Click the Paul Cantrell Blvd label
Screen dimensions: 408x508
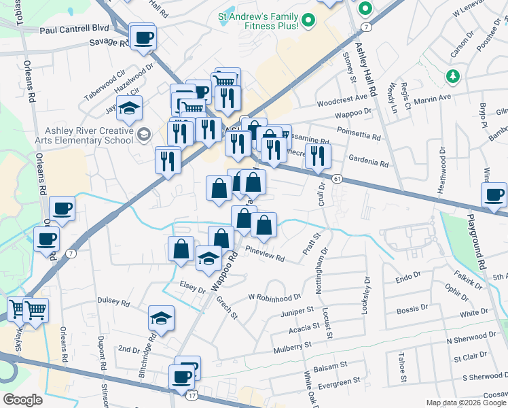(75, 29)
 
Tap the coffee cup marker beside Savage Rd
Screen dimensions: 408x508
(143, 37)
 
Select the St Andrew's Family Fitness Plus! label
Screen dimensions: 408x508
(258, 20)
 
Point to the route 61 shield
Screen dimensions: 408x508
(337, 178)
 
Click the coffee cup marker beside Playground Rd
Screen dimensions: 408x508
(494, 195)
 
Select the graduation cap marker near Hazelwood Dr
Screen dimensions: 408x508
(129, 108)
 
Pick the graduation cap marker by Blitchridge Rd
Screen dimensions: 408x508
(161, 318)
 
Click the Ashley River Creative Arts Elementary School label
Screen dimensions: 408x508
(88, 135)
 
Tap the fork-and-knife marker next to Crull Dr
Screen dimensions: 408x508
(317, 156)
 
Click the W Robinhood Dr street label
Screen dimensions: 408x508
(274, 297)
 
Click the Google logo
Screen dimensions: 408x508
(22, 399)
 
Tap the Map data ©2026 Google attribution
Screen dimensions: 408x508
(465, 403)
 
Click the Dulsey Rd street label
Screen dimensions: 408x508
(113, 301)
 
